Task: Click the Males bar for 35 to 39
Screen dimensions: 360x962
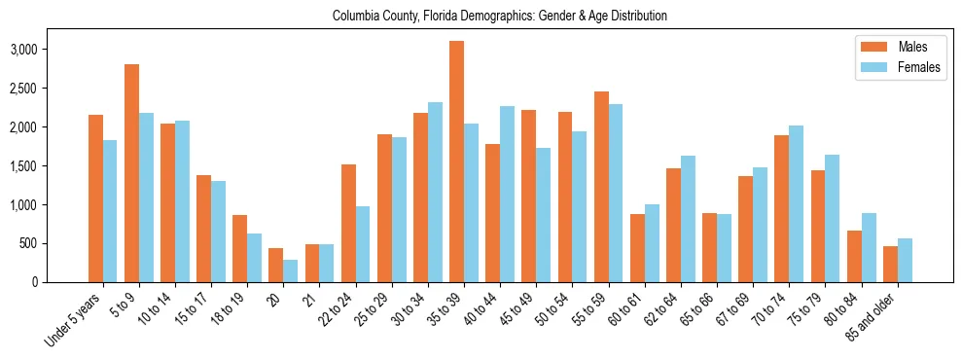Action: [x=457, y=162]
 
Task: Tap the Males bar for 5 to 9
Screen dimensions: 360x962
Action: [x=132, y=173]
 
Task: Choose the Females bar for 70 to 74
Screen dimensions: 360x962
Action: [x=797, y=204]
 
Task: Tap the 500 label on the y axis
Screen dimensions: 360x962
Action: [x=56, y=244]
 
